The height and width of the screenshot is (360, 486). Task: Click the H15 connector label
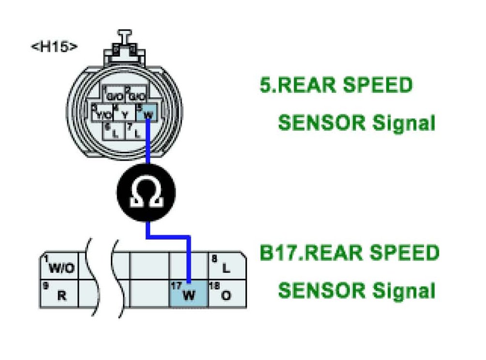(54, 47)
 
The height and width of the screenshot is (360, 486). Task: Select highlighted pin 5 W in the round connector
(147, 113)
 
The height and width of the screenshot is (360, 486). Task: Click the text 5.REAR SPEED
(336, 86)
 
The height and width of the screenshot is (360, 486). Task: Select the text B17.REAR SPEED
(349, 253)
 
